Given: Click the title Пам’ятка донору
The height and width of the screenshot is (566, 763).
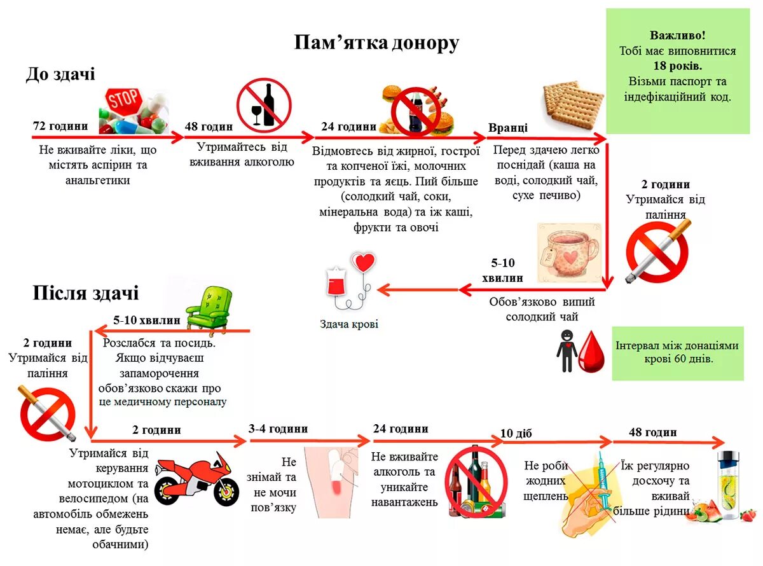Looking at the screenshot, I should point(376,43).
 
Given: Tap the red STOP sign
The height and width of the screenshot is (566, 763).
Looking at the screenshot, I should point(123,101).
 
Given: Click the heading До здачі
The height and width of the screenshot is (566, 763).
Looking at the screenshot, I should point(60,74).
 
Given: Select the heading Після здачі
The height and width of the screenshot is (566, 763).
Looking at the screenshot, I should point(86,293).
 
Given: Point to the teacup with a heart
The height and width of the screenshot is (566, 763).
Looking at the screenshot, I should point(568,252).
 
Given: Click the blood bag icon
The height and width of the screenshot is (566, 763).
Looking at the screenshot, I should point(338,281).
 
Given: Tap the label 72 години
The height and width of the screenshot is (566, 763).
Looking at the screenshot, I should point(60,126).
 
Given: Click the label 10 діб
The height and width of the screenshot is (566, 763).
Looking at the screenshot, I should point(516,434).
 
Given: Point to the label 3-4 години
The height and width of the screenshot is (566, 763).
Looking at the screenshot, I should point(278,429).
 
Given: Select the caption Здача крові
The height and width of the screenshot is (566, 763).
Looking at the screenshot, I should point(349,324).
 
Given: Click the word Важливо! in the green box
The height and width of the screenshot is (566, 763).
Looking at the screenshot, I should point(677,36).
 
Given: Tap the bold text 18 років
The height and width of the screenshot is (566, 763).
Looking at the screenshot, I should point(677,66).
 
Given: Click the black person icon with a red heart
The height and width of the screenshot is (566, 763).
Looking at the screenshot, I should point(567,350).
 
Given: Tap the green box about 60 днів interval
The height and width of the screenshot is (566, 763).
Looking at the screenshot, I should point(677,352).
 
